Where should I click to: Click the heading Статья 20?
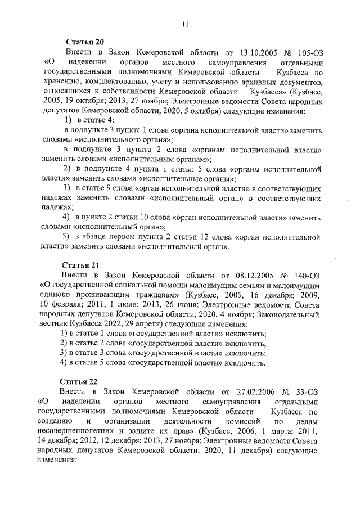coord(85,43)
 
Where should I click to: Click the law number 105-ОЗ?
coord(308,52)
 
